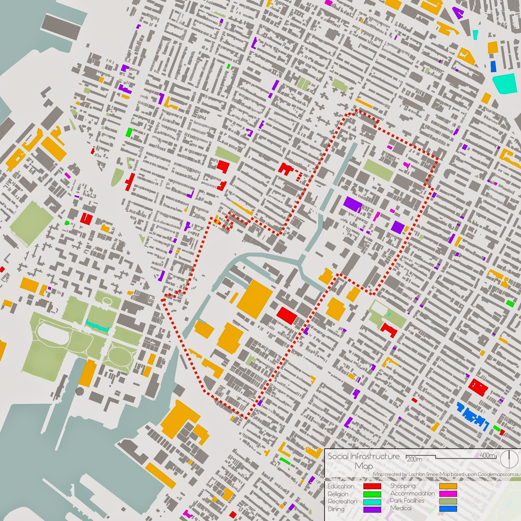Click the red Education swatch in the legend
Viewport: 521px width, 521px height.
tap(372, 486)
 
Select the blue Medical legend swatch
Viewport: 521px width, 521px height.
tap(448, 509)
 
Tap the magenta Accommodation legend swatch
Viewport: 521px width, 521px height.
tap(448, 494)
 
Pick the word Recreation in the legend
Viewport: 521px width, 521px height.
tap(343, 501)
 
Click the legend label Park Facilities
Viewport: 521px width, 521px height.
tap(407, 501)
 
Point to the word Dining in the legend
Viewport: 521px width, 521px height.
tap(336, 509)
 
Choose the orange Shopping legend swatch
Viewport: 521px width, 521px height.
tap(448, 486)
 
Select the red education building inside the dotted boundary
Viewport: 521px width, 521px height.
tap(287, 315)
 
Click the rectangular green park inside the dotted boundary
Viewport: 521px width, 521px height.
tap(378, 169)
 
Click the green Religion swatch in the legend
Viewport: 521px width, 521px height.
tap(372, 494)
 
